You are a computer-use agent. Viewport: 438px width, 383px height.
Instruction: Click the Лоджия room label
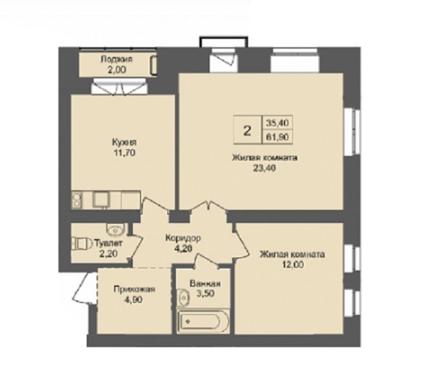117,60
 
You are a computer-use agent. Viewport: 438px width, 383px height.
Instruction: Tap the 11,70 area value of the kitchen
124,153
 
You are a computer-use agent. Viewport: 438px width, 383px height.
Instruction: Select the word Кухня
124,143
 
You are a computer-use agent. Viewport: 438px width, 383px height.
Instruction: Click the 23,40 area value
264,168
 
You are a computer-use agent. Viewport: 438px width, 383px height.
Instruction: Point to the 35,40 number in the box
278,122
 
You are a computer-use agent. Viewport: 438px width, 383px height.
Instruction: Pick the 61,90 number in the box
278,137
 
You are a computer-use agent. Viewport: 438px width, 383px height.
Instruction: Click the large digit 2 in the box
247,131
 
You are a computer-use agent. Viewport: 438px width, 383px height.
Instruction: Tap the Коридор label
183,238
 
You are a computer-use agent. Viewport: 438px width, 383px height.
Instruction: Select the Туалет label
108,243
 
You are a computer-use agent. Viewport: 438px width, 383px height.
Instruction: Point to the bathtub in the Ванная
203,321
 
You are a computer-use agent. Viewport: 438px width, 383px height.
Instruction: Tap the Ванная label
205,284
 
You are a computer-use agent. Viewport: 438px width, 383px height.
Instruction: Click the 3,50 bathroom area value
206,294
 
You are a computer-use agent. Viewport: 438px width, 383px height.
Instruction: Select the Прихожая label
134,290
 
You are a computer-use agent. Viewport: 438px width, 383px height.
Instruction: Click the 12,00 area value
292,264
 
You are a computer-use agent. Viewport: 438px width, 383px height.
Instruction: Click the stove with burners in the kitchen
77,199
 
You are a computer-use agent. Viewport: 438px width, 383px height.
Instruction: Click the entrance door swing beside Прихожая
84,288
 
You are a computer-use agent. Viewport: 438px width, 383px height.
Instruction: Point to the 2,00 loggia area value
117,69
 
